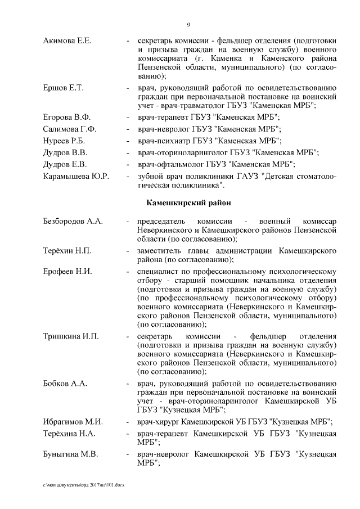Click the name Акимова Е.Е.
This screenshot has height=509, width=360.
click(x=67, y=41)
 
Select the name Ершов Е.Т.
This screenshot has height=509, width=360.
click(x=64, y=88)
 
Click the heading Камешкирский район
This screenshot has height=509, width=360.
click(x=188, y=202)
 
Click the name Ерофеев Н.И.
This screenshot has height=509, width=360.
click(x=67, y=271)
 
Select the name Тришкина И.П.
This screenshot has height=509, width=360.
click(x=71, y=336)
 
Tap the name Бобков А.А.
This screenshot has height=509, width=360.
click(x=65, y=384)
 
